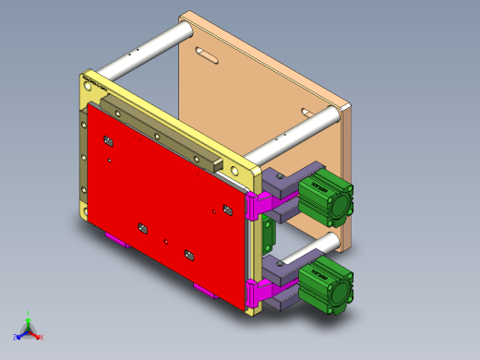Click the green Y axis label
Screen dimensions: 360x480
(29, 313)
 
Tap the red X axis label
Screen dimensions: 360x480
(41, 337)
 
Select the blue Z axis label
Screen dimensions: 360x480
(16, 337)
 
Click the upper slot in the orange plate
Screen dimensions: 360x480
(207, 54)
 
